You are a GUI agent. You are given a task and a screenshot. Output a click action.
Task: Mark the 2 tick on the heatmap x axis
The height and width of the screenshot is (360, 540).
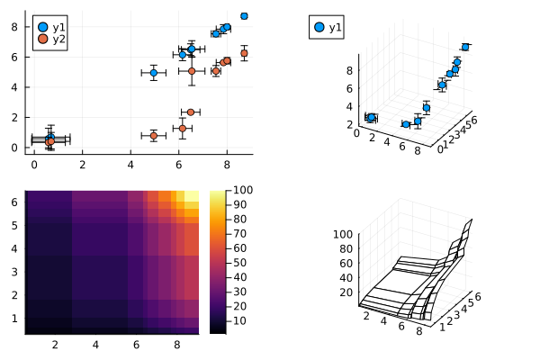pos(55,345)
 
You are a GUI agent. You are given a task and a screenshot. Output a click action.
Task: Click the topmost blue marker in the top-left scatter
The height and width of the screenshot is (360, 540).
pos(244,16)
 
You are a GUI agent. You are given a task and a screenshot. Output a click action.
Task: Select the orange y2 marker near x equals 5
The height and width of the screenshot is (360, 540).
pos(153,136)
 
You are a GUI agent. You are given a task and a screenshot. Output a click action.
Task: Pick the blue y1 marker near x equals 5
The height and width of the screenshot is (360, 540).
pos(153,72)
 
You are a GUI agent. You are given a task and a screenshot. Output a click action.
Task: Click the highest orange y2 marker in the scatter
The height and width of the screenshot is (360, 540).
pos(244,54)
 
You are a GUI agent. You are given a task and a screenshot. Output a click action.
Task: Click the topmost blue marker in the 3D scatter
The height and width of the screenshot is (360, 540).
pos(465,47)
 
